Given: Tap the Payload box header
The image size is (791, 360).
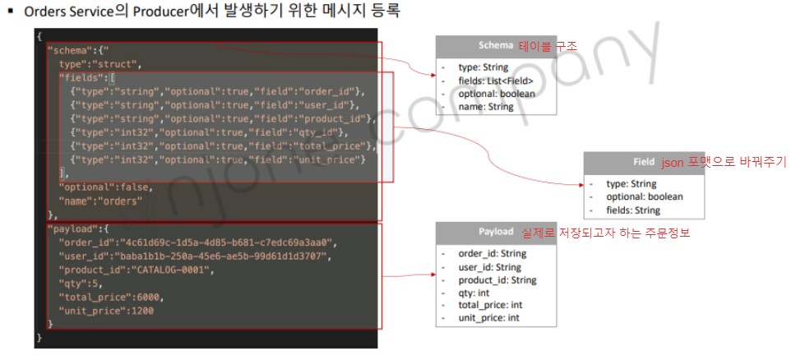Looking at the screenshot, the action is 496,233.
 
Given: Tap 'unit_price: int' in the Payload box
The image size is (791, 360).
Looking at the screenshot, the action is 488,318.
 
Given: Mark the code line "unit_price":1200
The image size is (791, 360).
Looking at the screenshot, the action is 107,311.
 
